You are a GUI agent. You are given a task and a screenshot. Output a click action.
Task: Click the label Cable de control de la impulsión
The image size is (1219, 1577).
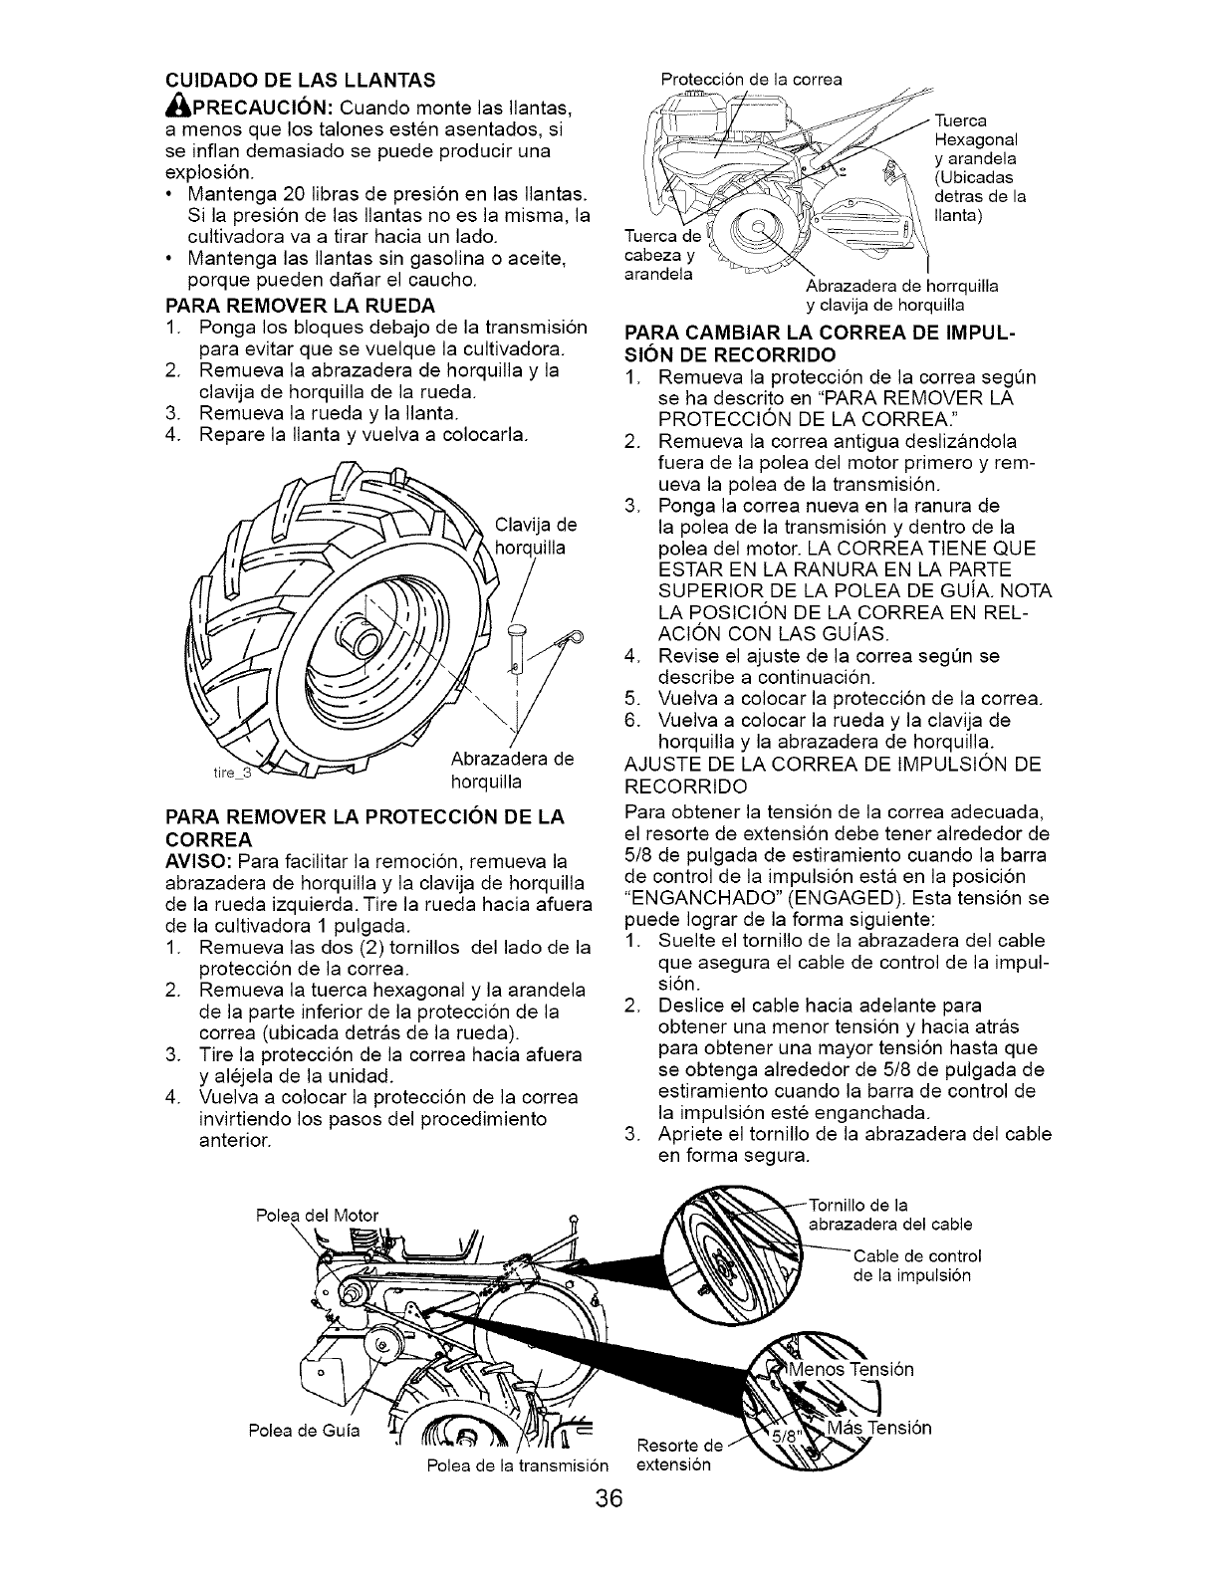pyautogui.click(x=916, y=1264)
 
